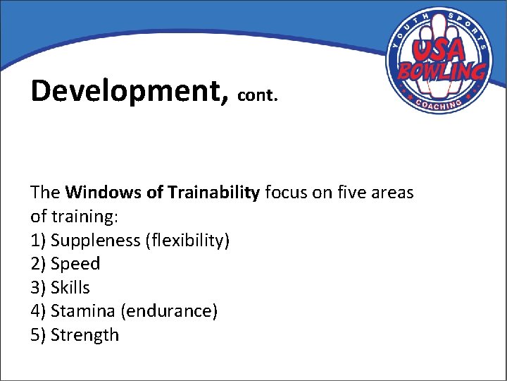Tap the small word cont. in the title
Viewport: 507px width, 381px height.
pos(258,95)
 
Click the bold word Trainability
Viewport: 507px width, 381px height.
pos(213,193)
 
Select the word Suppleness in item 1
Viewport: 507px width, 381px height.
pos(96,241)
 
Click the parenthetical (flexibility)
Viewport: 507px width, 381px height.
pos(187,241)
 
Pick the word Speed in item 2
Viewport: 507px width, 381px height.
pos(75,264)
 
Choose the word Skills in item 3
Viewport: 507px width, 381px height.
pos(70,288)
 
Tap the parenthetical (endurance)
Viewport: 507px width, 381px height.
pos(169,311)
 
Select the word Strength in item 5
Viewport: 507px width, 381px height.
pos(85,335)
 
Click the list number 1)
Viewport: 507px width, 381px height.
pos(39,241)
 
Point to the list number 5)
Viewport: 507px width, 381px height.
pos(39,335)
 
